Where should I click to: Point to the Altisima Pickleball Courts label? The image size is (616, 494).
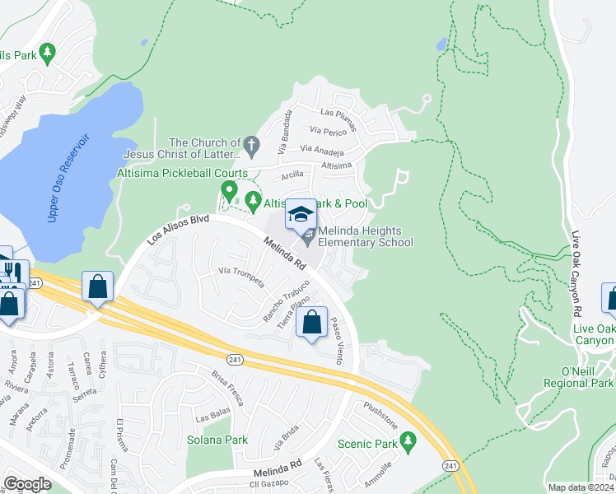point(182,173)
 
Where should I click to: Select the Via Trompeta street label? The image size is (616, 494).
point(240,276)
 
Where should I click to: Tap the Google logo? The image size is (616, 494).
point(27,484)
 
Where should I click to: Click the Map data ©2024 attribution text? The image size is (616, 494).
point(580,487)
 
